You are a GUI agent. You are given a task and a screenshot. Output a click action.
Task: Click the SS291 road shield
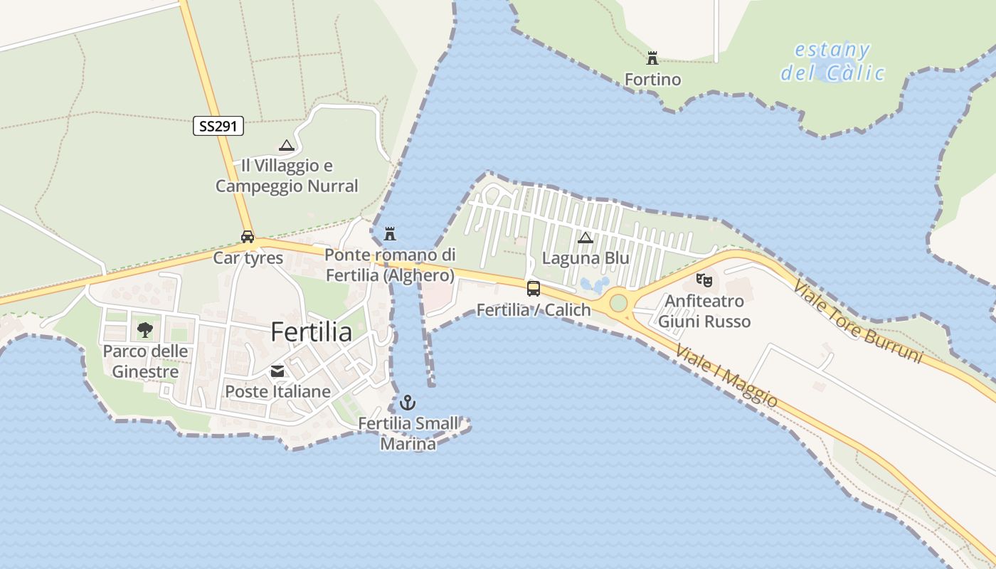(x=218, y=127)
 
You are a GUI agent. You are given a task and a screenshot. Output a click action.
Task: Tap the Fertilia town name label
(x=312, y=332)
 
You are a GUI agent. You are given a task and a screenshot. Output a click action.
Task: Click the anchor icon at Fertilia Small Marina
(x=407, y=403)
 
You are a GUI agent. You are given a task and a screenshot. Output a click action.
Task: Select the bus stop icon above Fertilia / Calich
(x=533, y=288)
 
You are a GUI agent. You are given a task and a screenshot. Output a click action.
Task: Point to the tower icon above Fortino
(x=652, y=58)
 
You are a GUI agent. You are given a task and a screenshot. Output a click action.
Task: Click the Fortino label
(x=652, y=79)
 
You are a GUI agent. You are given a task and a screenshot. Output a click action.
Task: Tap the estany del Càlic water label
(x=832, y=61)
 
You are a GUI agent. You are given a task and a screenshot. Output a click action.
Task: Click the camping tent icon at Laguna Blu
(x=586, y=238)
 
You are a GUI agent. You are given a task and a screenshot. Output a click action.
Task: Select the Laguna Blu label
(x=586, y=258)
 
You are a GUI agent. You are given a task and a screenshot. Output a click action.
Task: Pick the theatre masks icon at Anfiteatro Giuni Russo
(x=704, y=280)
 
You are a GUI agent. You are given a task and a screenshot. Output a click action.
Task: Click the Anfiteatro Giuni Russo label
(x=704, y=312)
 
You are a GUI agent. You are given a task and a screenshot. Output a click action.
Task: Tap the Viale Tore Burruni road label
(x=857, y=321)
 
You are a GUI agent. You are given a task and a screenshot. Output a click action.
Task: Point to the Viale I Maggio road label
(x=726, y=376)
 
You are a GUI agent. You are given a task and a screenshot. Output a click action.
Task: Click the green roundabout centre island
(x=618, y=303)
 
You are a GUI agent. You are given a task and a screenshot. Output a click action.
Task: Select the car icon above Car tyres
(x=248, y=237)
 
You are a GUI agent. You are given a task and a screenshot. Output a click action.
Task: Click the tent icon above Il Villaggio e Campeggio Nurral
(x=287, y=146)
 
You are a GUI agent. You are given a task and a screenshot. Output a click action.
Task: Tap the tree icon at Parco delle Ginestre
(x=145, y=329)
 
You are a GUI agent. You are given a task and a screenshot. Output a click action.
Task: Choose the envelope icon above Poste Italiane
(x=277, y=371)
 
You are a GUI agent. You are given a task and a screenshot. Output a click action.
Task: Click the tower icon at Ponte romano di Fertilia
(x=390, y=233)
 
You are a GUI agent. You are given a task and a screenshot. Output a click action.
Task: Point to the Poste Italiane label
(x=277, y=391)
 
